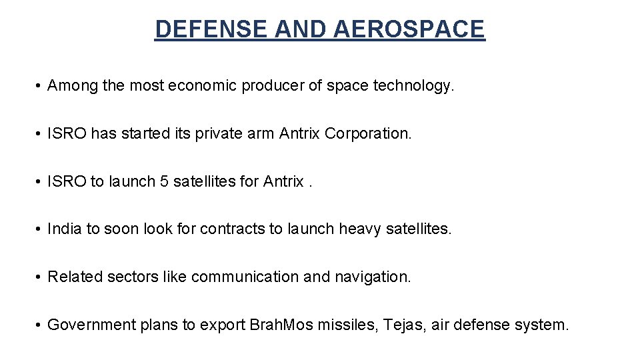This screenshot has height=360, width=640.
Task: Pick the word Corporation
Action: pyautogui.click(x=368, y=134)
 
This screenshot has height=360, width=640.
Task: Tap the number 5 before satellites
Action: pyautogui.click(x=163, y=181)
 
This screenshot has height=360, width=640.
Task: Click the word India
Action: pyautogui.click(x=65, y=229)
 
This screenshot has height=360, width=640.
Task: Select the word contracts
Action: pyautogui.click(x=233, y=229)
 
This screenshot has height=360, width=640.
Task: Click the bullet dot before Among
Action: pyautogui.click(x=40, y=86)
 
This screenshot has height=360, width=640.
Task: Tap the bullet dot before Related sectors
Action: pyautogui.click(x=40, y=277)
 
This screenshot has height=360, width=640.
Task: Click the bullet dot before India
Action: pyautogui.click(x=40, y=229)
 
